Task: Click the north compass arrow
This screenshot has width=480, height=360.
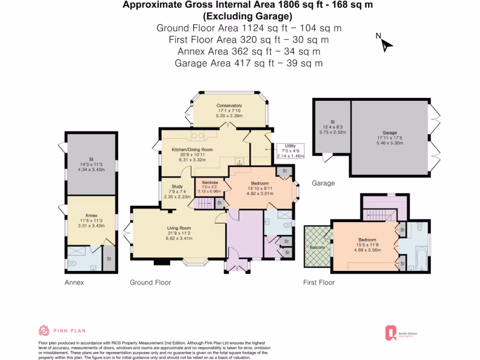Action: (386, 44)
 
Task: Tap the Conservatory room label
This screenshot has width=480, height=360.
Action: (229, 105)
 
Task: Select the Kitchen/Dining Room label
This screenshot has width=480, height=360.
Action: (193, 150)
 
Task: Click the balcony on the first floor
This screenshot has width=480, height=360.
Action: (317, 247)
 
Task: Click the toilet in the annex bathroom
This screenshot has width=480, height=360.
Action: (71, 263)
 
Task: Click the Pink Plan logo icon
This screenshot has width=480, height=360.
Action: (44, 330)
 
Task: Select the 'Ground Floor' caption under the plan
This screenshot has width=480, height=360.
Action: (150, 282)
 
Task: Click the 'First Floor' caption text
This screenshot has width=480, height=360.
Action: (319, 282)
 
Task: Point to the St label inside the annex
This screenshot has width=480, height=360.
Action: (109, 258)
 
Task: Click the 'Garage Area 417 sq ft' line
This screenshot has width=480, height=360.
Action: (248, 63)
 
